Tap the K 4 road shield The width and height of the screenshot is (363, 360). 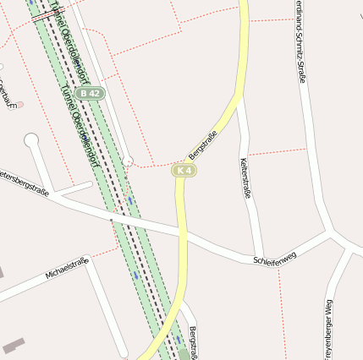[x=184, y=171]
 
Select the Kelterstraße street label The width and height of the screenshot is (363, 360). [x=245, y=178]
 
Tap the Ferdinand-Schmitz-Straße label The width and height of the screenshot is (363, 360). [x=301, y=42]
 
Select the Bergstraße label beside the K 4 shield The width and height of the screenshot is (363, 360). [x=202, y=145]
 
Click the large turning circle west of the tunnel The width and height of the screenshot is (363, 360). [x=32, y=139]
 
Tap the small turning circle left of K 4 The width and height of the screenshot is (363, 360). [x=128, y=161]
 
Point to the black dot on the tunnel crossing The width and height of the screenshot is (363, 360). [x=111, y=220]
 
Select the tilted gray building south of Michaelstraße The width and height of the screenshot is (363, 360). [x=14, y=345]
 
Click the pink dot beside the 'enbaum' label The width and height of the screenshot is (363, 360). [x=19, y=105]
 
